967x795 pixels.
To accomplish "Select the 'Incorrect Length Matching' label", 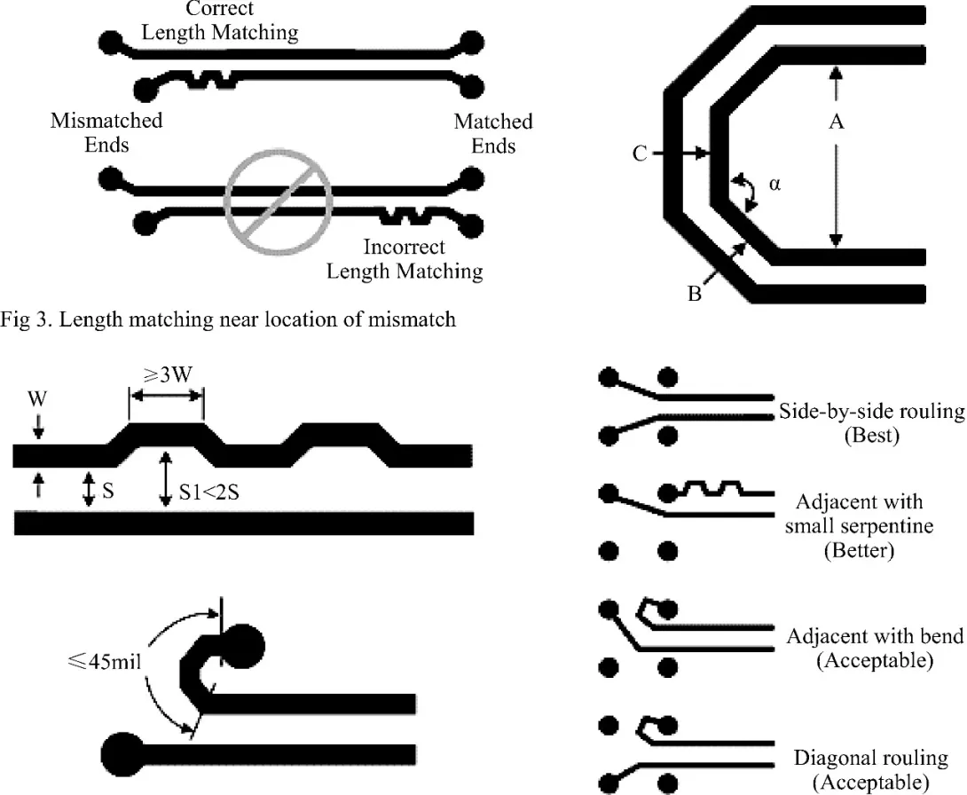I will pyautogui.click(x=405, y=258).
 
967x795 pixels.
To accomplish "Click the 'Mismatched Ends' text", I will pyautogui.click(x=106, y=132).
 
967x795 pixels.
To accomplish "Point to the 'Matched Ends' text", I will pyautogui.click(x=493, y=132).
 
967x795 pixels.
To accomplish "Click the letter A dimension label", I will pyautogui.click(x=835, y=123).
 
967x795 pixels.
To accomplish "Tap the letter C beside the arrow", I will pyautogui.click(x=640, y=154).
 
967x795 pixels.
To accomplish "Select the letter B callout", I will pyautogui.click(x=695, y=294).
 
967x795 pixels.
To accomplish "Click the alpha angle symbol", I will pyautogui.click(x=774, y=186).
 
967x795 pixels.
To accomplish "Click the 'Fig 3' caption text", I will pyautogui.click(x=229, y=319).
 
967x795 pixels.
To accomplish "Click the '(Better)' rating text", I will pyautogui.click(x=859, y=550).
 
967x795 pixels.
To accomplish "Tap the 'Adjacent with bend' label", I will pyautogui.click(x=875, y=636).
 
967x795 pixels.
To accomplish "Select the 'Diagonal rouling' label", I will pyautogui.click(x=871, y=758).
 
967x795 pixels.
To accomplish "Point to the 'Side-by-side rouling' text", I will pyautogui.click(x=871, y=412).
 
